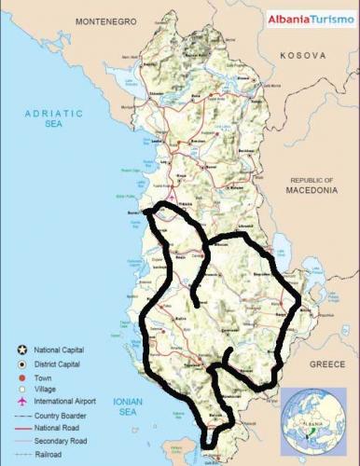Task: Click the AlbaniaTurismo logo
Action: coord(312,18)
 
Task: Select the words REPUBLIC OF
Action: coord(312,180)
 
